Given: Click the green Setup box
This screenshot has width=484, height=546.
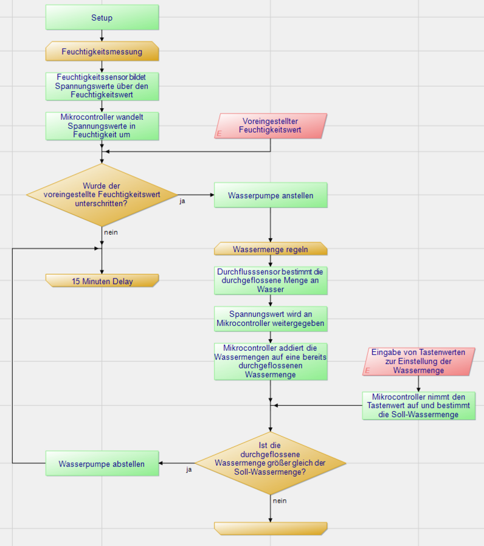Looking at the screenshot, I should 102,18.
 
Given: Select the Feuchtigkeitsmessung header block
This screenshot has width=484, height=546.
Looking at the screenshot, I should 102,52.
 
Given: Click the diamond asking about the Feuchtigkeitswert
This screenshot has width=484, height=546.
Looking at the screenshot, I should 102,195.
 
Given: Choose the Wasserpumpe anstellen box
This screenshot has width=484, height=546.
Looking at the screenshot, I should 271,196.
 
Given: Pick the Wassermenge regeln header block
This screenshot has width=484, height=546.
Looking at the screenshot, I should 271,249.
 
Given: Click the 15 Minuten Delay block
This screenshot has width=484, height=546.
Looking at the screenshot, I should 102,282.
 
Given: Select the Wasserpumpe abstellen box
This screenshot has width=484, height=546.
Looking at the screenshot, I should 102,464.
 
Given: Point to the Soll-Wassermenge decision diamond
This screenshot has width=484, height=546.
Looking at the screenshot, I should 271,463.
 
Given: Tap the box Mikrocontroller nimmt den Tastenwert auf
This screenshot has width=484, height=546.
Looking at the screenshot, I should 418,406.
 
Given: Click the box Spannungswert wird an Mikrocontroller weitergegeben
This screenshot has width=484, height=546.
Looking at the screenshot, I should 271,319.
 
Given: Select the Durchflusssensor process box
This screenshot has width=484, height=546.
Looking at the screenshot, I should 271,280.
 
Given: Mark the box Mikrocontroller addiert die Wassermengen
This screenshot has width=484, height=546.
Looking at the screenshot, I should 271,361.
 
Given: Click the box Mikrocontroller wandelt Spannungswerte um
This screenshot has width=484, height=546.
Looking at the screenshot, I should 102,126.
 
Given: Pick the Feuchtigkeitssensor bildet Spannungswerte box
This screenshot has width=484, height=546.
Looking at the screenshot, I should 102,86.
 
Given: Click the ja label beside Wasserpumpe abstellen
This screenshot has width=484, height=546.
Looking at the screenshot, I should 189,469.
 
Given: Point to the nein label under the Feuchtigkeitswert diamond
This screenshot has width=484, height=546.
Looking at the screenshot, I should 111,232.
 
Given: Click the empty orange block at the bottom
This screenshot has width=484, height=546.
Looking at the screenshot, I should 271,528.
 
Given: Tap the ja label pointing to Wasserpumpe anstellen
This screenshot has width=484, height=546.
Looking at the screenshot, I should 182,201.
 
